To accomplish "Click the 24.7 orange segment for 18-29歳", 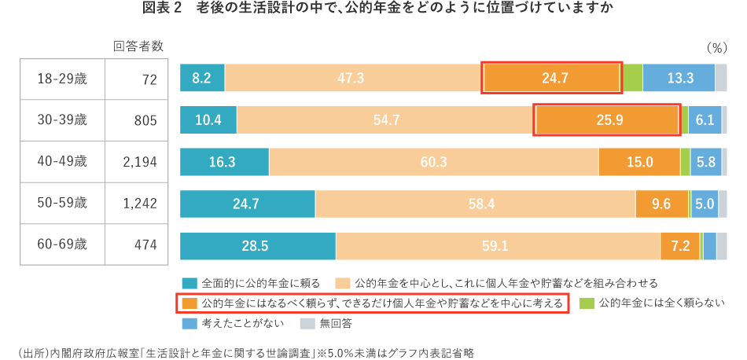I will tap(553, 78).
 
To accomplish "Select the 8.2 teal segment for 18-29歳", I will tap(202, 78).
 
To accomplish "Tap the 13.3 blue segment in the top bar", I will tap(679, 78).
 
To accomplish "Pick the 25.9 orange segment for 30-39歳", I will tap(606, 120).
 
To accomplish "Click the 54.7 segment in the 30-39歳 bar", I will tap(386, 120).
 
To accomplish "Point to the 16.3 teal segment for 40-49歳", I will tap(224, 162).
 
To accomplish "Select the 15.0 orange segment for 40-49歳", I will tap(639, 162).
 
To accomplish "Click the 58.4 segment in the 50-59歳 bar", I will tap(475, 204).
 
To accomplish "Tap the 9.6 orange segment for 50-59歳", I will tap(661, 204).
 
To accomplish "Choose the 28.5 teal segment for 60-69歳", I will tap(258, 246).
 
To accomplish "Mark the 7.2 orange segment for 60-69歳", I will tap(680, 246).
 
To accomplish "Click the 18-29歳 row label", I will tap(62, 78).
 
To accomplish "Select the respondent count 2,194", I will tap(140, 162).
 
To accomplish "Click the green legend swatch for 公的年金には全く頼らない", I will tap(586, 303).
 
